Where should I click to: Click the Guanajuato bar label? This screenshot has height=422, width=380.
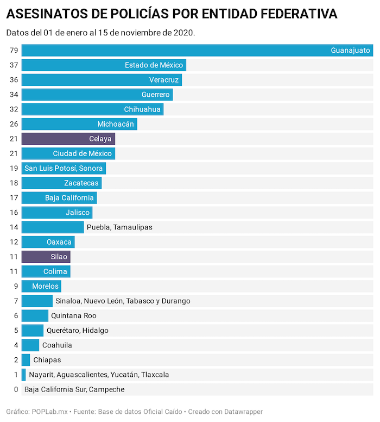pos(350,51)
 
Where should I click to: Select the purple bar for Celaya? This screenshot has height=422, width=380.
pos(68,139)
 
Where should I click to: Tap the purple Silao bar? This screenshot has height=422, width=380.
pos(46,257)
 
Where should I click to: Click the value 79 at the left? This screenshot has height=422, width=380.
pos(14,51)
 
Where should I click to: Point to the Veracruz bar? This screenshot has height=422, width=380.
pos(102,80)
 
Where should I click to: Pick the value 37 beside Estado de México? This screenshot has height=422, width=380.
pos(14,65)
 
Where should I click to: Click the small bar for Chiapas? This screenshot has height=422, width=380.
pos(26,360)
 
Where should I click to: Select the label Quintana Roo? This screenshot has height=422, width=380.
pos(73,315)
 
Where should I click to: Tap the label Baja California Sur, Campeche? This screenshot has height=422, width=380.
pos(74,389)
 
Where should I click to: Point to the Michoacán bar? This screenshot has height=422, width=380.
pos(79,124)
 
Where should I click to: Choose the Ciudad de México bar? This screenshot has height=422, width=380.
pos(68,153)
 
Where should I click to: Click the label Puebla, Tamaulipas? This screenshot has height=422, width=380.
pos(119,227)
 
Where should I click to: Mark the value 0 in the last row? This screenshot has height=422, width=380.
pos(16,389)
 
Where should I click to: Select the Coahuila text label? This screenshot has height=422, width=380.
pos(57,345)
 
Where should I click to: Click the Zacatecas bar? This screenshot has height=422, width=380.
pos(61,183)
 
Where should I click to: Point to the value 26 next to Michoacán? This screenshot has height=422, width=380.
pos(14,124)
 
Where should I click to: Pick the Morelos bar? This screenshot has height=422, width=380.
pos(41,286)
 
